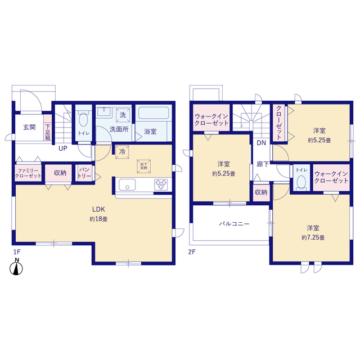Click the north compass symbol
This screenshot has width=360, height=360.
(17, 269)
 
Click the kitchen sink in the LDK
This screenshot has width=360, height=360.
(125, 184)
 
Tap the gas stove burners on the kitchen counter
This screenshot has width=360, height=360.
(161, 184)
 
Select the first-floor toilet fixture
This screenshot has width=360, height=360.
(84, 120)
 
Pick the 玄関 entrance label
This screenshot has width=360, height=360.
(29, 128)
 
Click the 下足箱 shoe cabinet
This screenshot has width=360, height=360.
(48, 132)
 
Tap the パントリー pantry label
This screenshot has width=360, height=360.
(85, 172)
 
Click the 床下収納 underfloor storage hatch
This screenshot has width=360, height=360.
(143, 165)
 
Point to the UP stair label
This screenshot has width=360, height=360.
(64, 148)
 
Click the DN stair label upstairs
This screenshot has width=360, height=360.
(261, 143)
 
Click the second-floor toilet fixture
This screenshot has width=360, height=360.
(301, 182)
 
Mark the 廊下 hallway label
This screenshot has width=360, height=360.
(262, 164)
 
